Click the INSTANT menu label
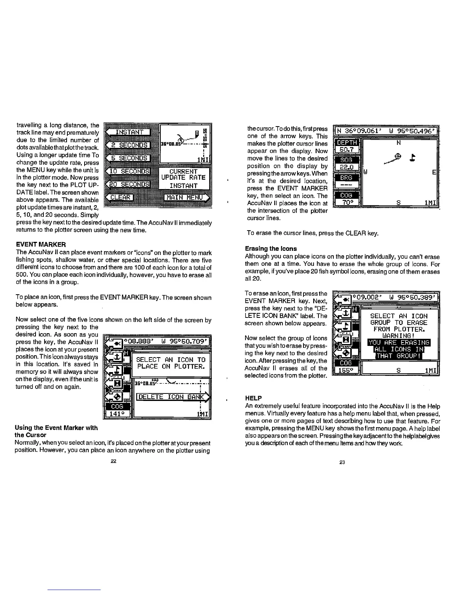129,132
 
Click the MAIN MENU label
185,197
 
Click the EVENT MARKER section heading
41,244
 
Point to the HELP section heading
253,398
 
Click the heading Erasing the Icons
271,249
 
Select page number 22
113,461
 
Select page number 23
342,462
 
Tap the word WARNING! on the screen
399,336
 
